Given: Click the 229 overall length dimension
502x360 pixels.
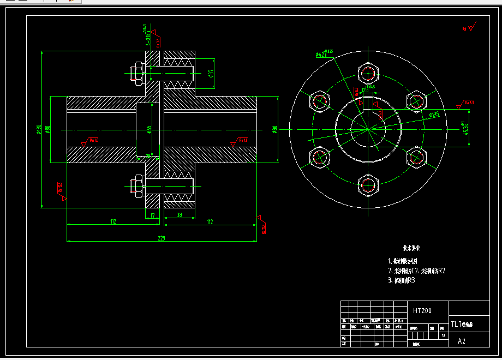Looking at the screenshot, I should (162, 238).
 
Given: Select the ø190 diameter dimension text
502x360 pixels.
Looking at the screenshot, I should (38, 129).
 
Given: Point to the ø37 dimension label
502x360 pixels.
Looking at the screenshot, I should (211, 72).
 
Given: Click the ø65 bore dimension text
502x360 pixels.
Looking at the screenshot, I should (150, 129).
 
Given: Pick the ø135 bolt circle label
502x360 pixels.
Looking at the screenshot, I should (434, 115).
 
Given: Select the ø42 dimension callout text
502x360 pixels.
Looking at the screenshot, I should (324, 53).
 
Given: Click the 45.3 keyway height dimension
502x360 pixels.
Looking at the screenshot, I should (466, 128).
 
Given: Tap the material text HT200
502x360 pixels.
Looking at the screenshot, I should (422, 311).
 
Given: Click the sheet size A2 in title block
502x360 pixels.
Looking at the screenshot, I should (462, 341).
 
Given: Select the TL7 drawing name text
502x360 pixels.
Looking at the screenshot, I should (462, 323).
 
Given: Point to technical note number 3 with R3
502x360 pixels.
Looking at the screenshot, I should (402, 280).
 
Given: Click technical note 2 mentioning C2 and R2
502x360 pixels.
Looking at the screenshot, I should (416, 271).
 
